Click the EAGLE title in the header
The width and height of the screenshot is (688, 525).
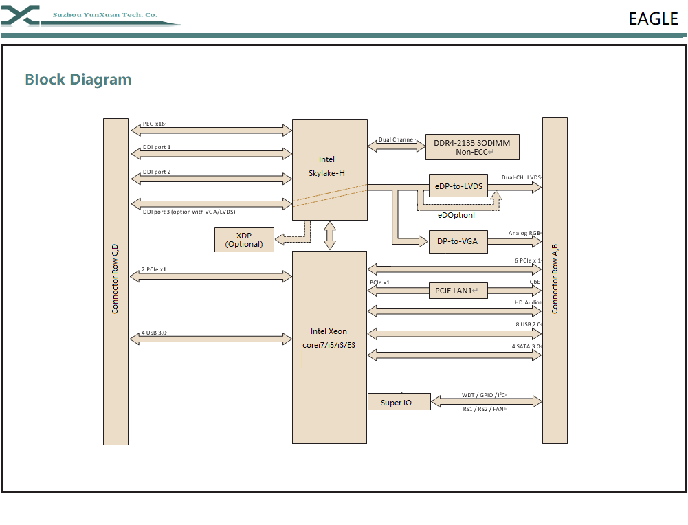pos(653,19)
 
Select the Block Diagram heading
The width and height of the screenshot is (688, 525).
pos(78,80)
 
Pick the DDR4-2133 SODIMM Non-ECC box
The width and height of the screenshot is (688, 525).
pos(472,147)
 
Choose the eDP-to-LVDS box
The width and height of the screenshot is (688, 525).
pos(458,186)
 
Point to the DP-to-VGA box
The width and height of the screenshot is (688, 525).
pos(458,241)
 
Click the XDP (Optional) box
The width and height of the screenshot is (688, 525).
pos(244,240)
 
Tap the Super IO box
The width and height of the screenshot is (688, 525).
pos(397,402)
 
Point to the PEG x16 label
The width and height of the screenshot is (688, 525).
pos(154,124)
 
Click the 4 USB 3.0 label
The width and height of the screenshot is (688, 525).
pos(155,333)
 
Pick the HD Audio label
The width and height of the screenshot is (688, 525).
pos(528,302)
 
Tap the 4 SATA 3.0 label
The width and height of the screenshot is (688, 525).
pos(527,346)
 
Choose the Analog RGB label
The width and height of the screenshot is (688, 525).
pos(525,233)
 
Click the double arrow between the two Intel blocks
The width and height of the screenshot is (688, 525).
pos(330,236)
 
